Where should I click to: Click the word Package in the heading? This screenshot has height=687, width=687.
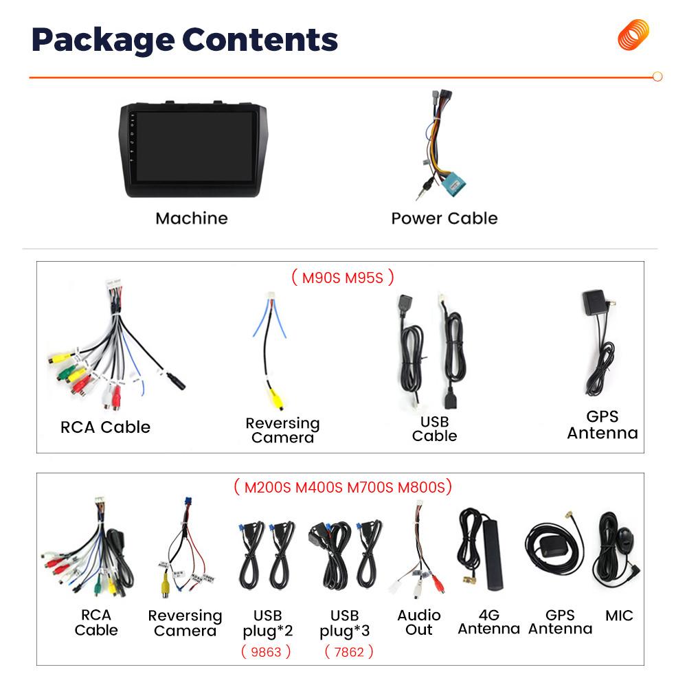coord(103,41)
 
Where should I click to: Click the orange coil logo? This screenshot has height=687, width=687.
coord(633,34)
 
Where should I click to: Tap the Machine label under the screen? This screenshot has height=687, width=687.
coord(192,218)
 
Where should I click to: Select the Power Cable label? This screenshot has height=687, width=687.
coord(444,218)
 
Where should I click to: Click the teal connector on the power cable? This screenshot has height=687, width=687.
coord(453,184)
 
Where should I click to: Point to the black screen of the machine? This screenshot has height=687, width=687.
coord(195,146)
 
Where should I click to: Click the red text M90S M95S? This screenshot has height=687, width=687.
coord(343,278)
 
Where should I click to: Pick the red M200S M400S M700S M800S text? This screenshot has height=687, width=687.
coord(343,487)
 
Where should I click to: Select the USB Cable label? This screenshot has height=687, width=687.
coord(435,429)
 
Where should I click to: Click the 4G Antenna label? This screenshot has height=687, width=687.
coord(489,622)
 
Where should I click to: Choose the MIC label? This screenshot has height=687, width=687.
coord(619,616)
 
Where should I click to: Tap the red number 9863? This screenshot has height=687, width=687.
coord(266,652)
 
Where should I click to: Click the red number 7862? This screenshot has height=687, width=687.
coord(349,652)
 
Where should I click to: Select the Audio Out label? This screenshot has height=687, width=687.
coord(419,622)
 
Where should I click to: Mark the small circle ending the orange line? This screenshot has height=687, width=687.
coord(657,77)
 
